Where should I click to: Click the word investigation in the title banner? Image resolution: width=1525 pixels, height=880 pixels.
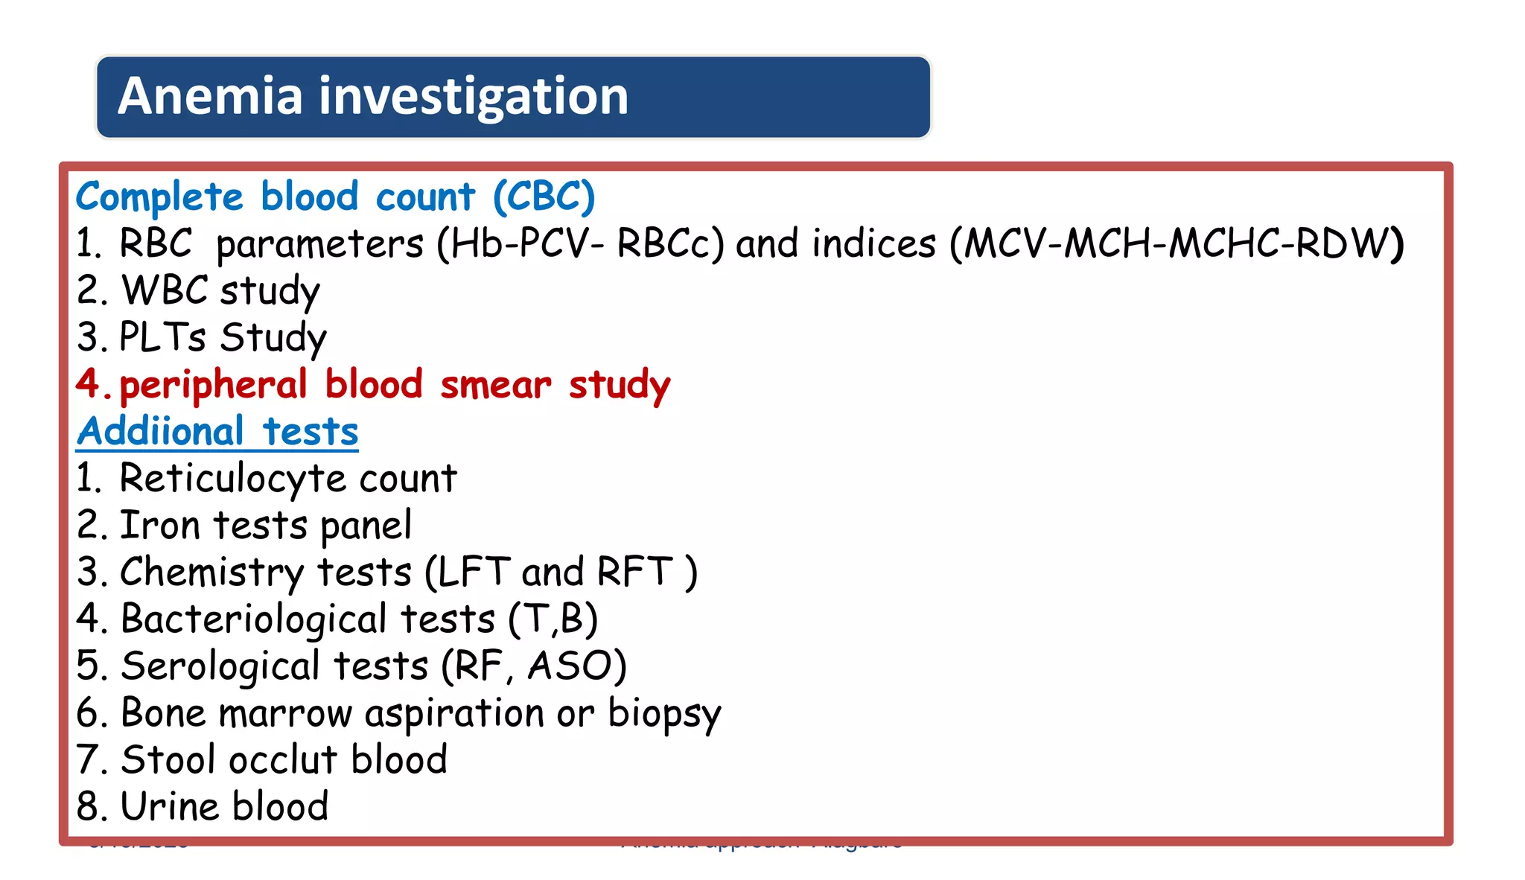tap(474, 98)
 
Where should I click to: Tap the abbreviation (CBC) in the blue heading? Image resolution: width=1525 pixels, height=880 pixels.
tap(544, 197)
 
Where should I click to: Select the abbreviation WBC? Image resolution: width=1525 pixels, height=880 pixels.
tap(165, 290)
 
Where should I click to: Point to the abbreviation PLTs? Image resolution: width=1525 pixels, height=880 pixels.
tap(162, 337)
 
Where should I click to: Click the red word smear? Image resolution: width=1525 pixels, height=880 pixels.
tap(496, 385)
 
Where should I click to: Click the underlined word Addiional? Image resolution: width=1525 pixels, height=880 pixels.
tap(160, 432)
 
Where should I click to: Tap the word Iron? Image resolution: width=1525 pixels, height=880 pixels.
tap(160, 526)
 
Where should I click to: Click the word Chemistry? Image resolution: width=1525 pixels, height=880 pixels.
tap(211, 573)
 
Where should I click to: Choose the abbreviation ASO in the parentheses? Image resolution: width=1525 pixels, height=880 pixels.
tap(570, 666)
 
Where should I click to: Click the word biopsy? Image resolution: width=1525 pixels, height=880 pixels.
tap(664, 715)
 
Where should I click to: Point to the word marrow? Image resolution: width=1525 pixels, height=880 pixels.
tap(285, 714)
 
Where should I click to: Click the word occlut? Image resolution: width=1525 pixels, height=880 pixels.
tap(283, 760)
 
